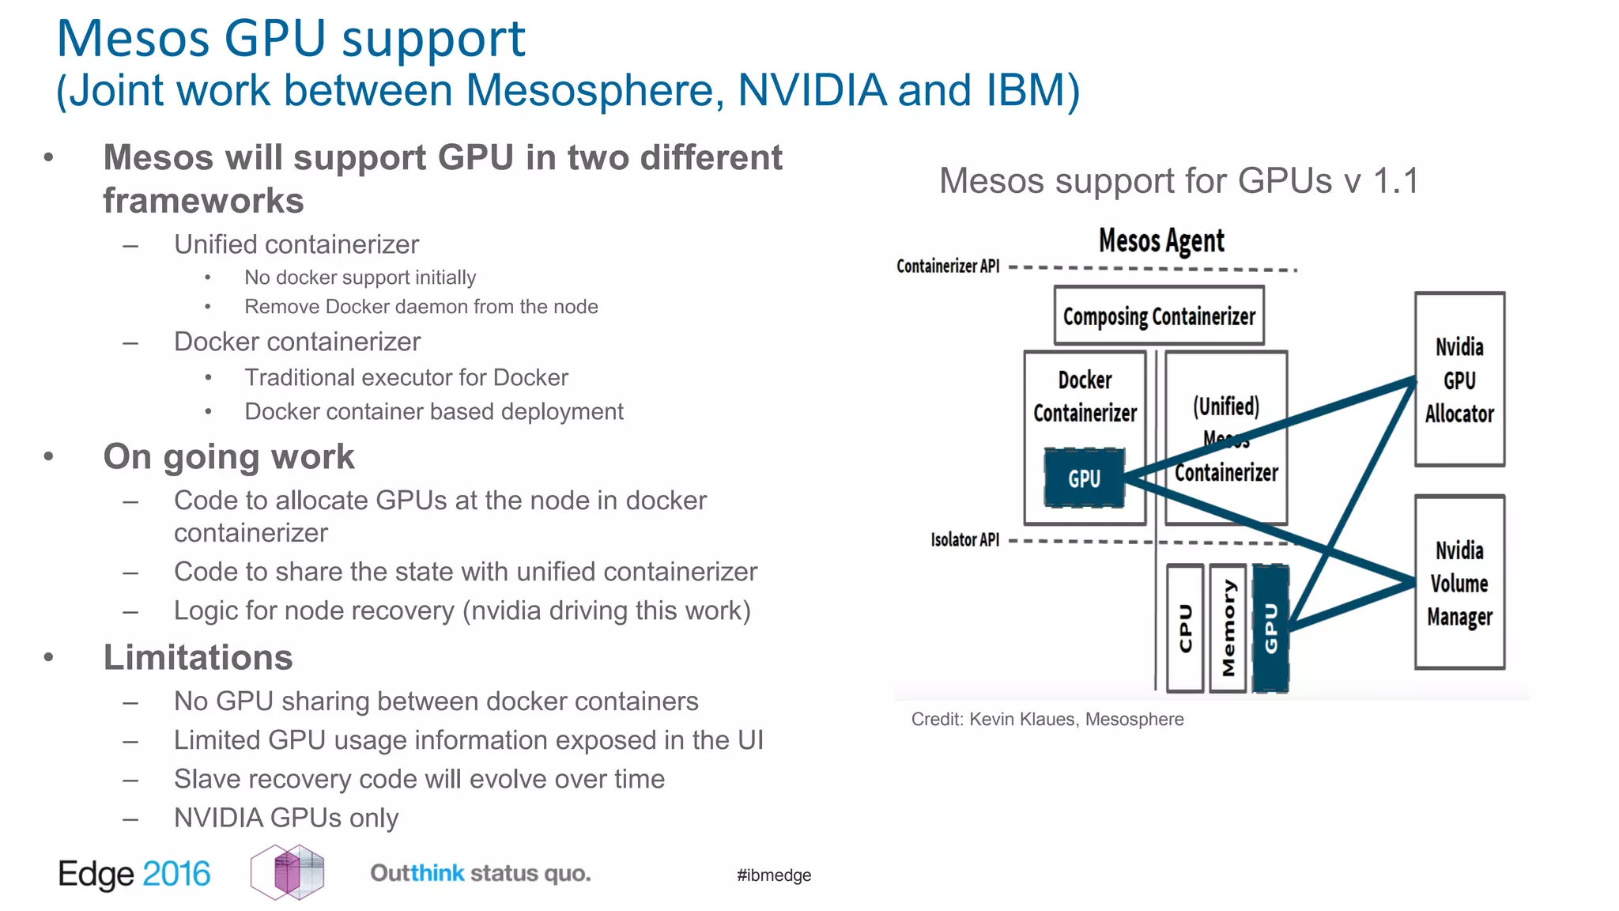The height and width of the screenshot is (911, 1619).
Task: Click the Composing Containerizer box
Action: click(x=1158, y=316)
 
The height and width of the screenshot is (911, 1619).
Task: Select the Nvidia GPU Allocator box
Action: click(x=1459, y=380)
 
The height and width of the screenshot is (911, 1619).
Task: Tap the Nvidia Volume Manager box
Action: click(x=1459, y=583)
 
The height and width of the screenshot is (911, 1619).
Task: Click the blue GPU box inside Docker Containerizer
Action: click(x=1084, y=478)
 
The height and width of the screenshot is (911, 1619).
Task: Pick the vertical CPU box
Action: click(x=1185, y=629)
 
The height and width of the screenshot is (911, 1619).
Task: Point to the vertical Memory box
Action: click(x=1228, y=629)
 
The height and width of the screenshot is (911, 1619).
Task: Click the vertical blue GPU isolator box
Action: click(x=1270, y=629)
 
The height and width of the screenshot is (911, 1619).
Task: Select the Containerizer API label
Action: click(x=948, y=266)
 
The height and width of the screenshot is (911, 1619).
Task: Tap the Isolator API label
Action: click(x=964, y=540)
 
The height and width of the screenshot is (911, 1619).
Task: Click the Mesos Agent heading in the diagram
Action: click(x=1160, y=240)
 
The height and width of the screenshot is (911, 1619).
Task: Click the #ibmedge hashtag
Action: click(x=773, y=875)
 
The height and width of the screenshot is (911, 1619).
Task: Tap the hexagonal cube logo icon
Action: click(x=287, y=871)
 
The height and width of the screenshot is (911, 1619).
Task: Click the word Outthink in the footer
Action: click(x=417, y=873)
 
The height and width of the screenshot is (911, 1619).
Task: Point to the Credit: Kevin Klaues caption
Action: click(x=1047, y=719)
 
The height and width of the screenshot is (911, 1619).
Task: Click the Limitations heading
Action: click(x=198, y=657)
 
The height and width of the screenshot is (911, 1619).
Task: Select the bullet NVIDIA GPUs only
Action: click(x=285, y=818)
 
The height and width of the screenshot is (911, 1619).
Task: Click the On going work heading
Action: click(x=228, y=456)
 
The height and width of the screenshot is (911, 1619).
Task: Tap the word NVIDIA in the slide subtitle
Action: click(x=811, y=89)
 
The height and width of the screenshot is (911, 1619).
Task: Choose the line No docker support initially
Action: click(x=360, y=278)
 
